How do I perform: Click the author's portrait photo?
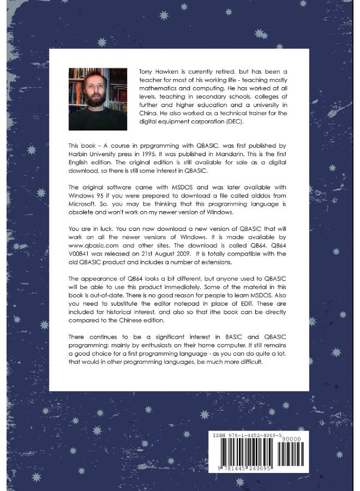pyautogui.click(x=98, y=99)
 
